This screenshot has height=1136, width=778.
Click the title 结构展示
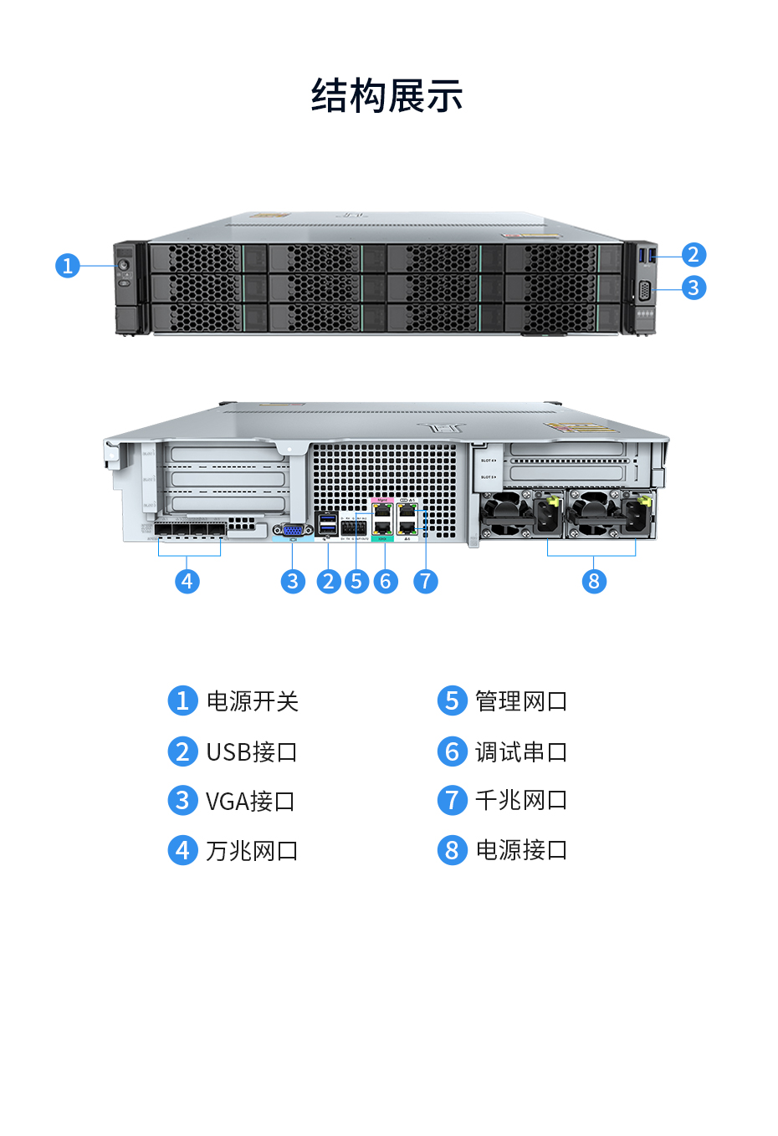coord(387,95)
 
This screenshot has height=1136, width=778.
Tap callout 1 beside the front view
coord(68,266)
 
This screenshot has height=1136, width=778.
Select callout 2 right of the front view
coord(693,254)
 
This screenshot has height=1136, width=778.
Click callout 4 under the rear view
coord(187,581)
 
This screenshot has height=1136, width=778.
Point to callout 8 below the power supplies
coord(594,581)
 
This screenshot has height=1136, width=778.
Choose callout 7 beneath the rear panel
coord(425,581)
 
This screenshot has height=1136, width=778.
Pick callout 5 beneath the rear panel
coord(356,581)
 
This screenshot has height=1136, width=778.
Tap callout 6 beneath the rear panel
coord(385,581)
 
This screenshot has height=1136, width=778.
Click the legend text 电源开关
coord(252,701)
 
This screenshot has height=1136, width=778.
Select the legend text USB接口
coord(251,752)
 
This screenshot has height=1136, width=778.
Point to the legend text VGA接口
coord(250,802)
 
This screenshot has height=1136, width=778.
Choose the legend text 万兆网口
coord(252,851)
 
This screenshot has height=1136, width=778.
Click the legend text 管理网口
coord(520,701)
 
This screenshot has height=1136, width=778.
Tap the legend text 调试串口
coord(520,752)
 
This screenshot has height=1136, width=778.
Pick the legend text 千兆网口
coord(520,801)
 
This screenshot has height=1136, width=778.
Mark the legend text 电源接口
coord(520,850)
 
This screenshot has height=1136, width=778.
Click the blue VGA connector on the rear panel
coord(293,529)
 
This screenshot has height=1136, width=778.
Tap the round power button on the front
coord(124,265)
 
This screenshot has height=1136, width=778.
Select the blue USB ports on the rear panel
coord(328,523)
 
